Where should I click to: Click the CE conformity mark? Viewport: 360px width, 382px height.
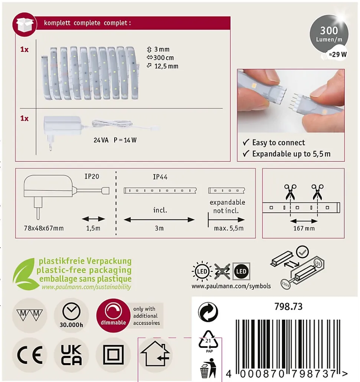29,355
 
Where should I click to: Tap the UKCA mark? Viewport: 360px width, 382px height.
71,355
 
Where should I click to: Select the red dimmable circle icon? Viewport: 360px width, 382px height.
113,315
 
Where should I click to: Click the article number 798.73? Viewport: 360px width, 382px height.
288,306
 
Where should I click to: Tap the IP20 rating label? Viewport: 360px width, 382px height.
92,177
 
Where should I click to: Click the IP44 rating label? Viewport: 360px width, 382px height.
160,177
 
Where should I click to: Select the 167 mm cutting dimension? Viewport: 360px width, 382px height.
304,228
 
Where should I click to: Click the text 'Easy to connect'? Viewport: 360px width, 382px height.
278,142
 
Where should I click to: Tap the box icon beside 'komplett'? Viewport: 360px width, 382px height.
24,24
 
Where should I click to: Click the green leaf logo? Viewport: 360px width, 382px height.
24,274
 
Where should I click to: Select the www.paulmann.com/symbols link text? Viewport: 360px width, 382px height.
231,286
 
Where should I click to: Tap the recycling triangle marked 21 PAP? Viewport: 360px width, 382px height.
209,341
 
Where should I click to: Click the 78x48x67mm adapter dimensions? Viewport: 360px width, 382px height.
44,228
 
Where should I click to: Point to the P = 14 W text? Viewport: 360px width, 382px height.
125,140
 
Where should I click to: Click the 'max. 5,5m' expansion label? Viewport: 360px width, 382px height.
229,228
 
